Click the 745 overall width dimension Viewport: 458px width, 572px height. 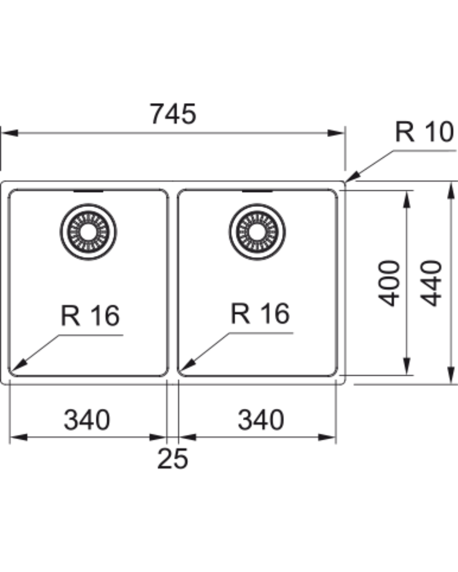pos(173,114)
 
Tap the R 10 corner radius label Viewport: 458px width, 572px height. pos(424,132)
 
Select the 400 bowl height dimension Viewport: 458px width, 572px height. pos(389,283)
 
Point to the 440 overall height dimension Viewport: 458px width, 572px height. pos(431,283)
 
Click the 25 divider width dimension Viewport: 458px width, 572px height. pos(173,458)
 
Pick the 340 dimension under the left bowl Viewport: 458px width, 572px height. pos(87,420)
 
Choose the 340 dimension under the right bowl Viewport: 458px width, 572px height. pos(261,420)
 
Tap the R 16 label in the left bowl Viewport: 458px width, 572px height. pos(90,315)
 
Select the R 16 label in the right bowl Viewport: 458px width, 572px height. pos(260,314)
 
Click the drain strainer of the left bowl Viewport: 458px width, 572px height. pos(88,232)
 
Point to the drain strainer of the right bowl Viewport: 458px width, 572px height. pos(257,232)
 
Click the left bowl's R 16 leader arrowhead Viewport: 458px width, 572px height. pos(19,365)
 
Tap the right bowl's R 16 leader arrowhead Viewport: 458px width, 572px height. pos(188,365)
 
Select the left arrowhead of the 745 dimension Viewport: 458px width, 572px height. pos(10,133)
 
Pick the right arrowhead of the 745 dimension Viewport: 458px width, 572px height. pos(336,133)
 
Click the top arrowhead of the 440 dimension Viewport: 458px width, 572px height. pos(451,190)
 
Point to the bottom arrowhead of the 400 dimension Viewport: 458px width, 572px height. pos(407,367)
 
